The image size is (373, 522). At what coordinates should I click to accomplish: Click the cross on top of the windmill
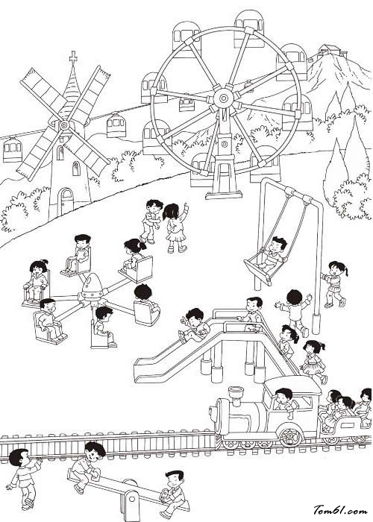[73, 57]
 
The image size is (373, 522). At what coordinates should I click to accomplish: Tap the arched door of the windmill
[66, 202]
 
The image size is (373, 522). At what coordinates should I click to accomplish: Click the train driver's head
[283, 395]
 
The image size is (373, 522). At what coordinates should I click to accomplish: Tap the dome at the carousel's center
[92, 286]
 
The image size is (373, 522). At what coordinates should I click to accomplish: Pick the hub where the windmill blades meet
[63, 125]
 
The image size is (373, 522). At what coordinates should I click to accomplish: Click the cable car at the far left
[13, 150]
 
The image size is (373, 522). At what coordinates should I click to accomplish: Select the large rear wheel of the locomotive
[292, 435]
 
